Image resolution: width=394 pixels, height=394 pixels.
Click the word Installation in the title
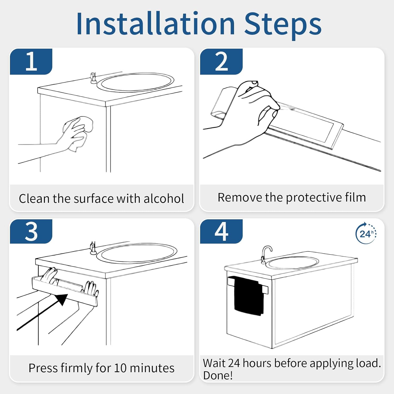tap(155, 24)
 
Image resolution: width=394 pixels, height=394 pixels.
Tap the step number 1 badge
tap(31, 61)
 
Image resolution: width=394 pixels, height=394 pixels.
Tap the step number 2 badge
tap(221, 61)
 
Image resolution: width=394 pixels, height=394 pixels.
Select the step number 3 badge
tap(31, 231)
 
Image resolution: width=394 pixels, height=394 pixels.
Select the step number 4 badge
tap(221, 231)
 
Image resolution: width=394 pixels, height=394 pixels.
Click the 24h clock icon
tap(366, 233)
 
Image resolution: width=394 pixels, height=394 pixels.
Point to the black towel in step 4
tap(249, 295)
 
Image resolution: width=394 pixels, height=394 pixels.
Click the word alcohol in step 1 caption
tap(164, 199)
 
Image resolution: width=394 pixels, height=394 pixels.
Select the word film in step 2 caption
tap(355, 197)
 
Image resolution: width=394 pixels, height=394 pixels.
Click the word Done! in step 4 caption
tap(218, 376)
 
